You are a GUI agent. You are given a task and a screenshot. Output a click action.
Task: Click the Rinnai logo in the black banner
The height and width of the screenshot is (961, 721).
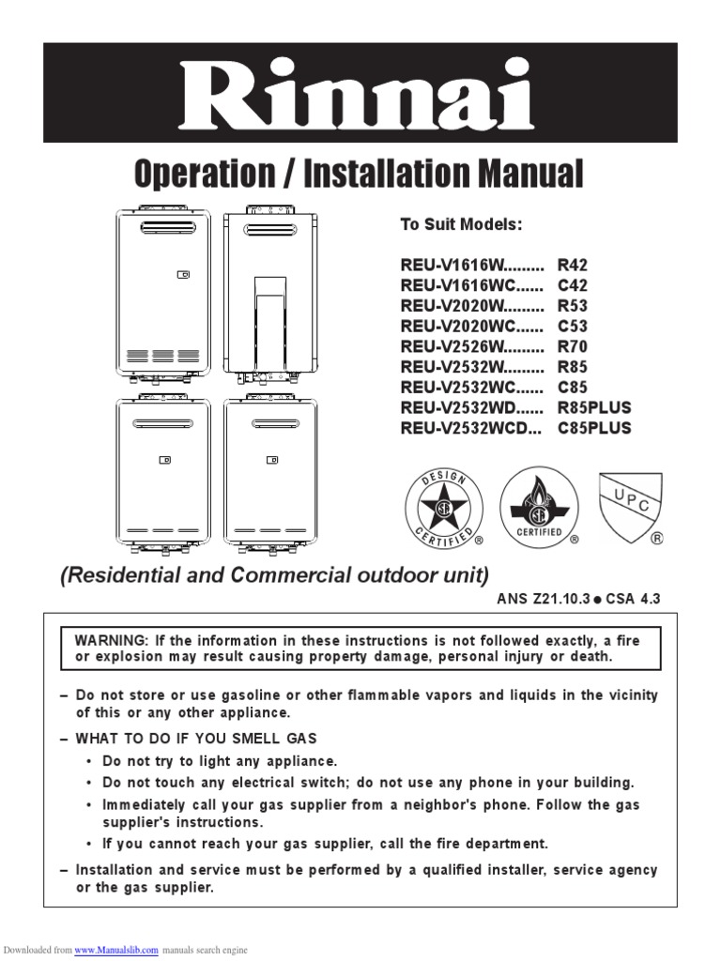click(x=360, y=93)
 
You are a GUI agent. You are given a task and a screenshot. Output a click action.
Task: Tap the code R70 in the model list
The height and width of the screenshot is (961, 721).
click(x=573, y=346)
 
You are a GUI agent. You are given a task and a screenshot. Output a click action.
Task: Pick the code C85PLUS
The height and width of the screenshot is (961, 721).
click(x=594, y=428)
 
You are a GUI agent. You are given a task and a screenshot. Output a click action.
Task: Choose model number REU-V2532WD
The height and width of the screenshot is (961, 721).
click(x=457, y=407)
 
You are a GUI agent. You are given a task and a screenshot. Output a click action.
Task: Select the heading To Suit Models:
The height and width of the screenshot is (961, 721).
click(x=460, y=225)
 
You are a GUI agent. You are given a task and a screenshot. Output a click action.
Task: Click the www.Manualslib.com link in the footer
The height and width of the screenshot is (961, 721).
click(x=116, y=950)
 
